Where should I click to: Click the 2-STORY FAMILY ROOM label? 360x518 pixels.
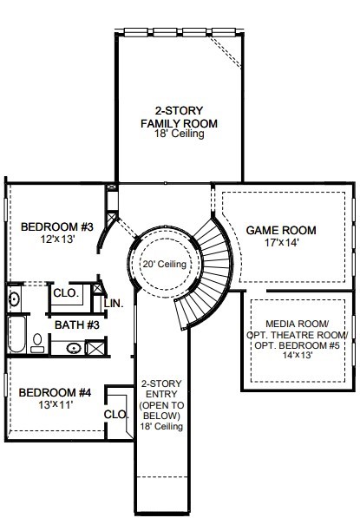[x=179, y=117]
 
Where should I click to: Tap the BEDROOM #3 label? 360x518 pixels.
[x=56, y=227]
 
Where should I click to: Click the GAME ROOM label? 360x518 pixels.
[x=281, y=230]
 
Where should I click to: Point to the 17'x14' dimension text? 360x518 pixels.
[x=281, y=243]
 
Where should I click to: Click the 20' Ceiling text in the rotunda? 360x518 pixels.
[x=165, y=264]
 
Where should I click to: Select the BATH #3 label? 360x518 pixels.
[x=77, y=325]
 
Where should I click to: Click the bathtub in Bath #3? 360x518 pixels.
[x=16, y=334]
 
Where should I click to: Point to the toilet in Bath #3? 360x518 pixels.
[x=37, y=343]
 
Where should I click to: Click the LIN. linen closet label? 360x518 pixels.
[x=114, y=304]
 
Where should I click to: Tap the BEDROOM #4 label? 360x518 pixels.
[x=55, y=393]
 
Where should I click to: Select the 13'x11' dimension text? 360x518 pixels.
[x=56, y=404]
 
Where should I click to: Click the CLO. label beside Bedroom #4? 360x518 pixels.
[x=116, y=414]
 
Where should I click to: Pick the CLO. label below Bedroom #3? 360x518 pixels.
[x=66, y=292]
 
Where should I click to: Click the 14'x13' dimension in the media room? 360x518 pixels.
[x=298, y=356]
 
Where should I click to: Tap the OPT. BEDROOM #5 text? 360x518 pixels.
[x=297, y=345]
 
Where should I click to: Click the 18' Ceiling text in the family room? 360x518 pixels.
[x=179, y=134]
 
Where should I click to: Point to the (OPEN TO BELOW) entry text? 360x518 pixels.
[x=161, y=410]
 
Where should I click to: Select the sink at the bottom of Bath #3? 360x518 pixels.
[x=74, y=348]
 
